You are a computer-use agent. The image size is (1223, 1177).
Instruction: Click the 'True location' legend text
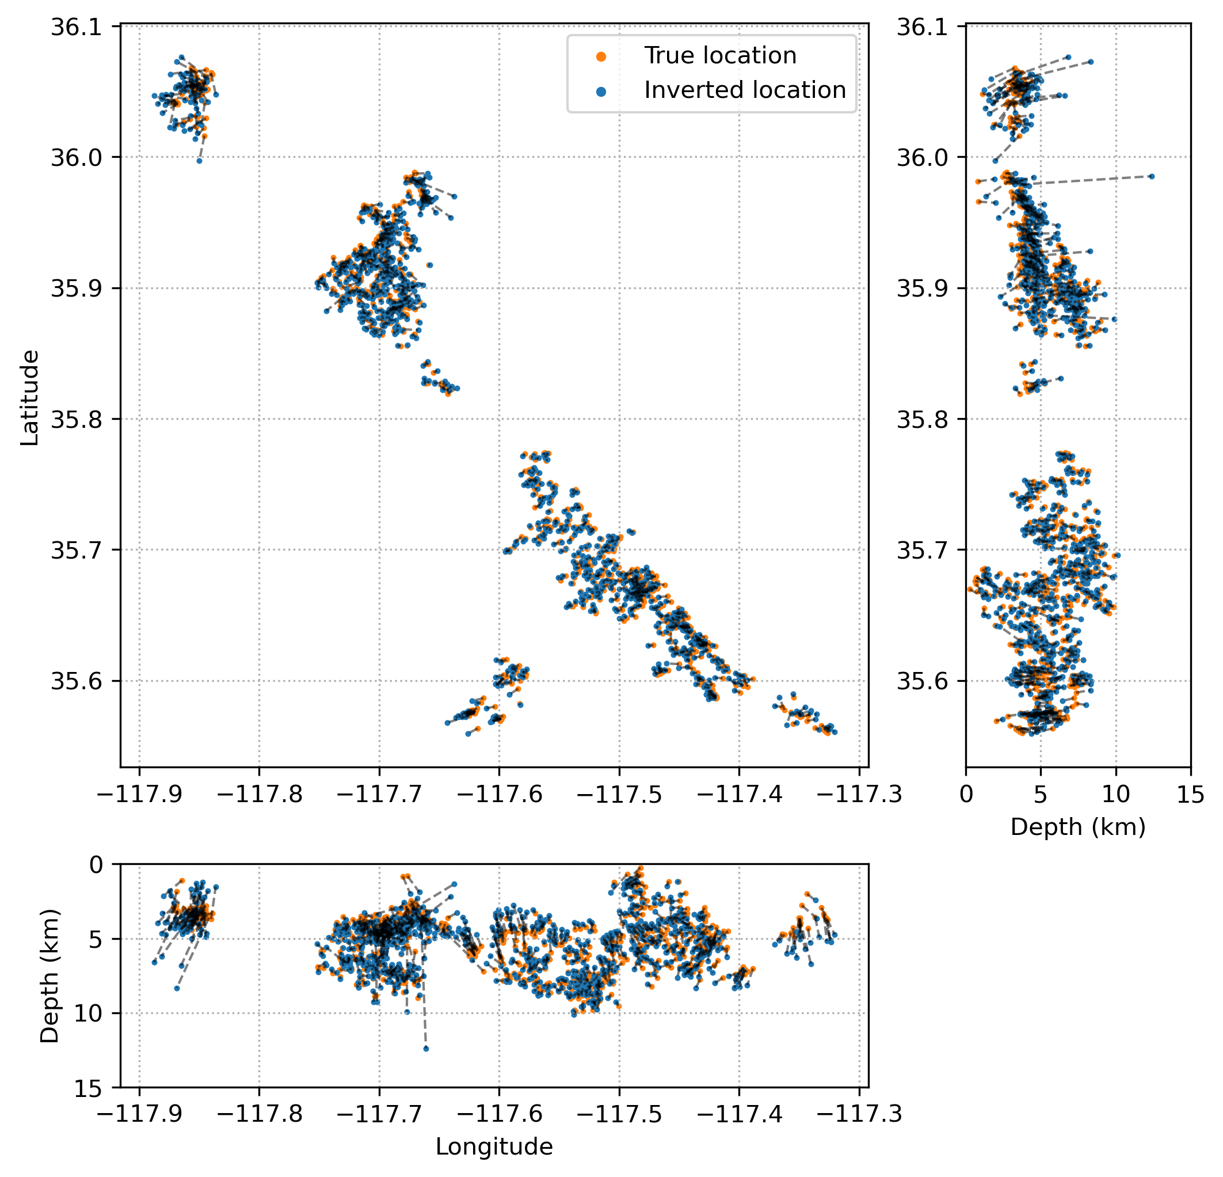[720, 56]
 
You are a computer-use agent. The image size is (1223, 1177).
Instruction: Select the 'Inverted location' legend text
[745, 90]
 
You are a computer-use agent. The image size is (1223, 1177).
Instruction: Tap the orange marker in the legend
[601, 56]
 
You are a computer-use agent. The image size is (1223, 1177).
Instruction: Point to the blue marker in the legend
[601, 91]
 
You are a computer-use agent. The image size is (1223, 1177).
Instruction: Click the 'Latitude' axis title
[29, 398]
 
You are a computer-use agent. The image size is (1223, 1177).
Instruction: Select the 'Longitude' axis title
[494, 1147]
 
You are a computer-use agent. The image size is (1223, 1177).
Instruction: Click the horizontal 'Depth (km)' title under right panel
[1077, 827]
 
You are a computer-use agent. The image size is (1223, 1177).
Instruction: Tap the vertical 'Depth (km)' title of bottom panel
[49, 976]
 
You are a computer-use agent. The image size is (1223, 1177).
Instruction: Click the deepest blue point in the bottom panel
[426, 1049]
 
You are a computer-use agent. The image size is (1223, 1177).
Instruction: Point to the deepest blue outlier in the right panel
[1152, 177]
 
